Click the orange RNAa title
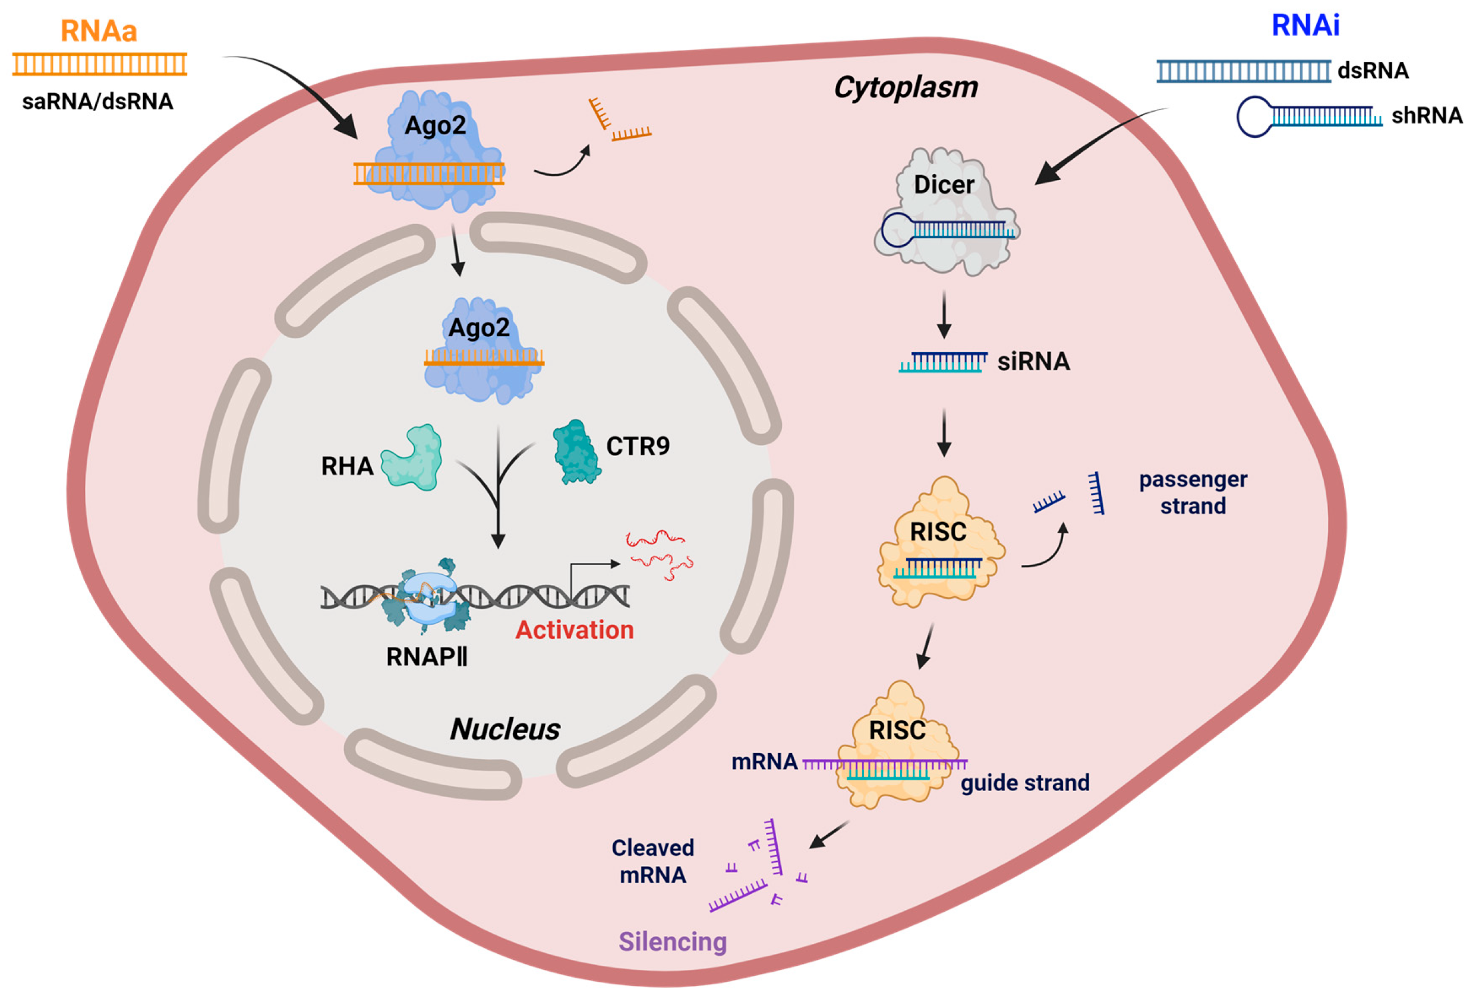click(x=98, y=31)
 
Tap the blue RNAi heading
click(x=1305, y=26)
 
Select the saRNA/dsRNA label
click(x=97, y=102)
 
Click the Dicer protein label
click(x=943, y=185)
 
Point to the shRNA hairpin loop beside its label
click(x=1254, y=116)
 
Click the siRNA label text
click(x=1033, y=362)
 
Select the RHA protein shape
click(x=412, y=457)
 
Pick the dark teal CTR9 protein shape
click(x=576, y=451)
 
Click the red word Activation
click(x=574, y=630)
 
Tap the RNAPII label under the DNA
click(x=427, y=657)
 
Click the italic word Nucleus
click(x=504, y=729)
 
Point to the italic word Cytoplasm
click(x=905, y=87)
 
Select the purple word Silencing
click(x=672, y=941)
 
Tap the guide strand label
click(x=1024, y=783)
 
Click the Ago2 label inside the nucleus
click(x=478, y=328)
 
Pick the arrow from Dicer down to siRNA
click(x=944, y=314)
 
